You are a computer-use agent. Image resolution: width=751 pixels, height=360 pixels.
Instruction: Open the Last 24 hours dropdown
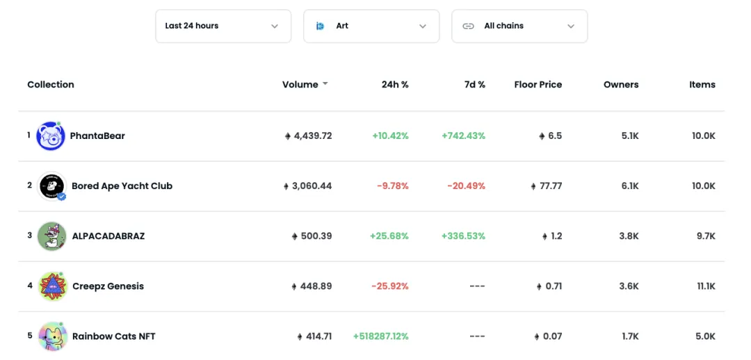tap(223, 26)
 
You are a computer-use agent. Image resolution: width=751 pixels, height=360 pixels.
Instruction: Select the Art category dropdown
tap(371, 26)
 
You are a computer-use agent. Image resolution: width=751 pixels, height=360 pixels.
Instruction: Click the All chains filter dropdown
tap(519, 26)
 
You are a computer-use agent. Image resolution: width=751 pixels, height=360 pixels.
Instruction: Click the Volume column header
tap(300, 85)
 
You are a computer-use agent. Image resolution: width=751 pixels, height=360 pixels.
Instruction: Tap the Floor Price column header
tap(538, 85)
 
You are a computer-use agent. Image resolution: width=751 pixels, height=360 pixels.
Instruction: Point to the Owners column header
tap(621, 85)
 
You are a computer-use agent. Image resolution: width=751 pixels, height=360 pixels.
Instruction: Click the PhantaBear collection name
tap(97, 136)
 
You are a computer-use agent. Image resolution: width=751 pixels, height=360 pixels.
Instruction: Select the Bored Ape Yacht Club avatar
tap(51, 186)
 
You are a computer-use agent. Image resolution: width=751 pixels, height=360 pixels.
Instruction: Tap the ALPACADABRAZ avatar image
tap(51, 236)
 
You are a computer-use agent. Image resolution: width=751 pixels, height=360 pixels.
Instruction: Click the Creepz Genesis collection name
tap(108, 286)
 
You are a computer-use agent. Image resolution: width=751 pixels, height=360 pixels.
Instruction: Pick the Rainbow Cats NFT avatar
tap(52, 336)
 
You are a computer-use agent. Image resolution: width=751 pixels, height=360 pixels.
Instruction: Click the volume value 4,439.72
tap(312, 136)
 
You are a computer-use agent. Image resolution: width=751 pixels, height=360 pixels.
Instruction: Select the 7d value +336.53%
tap(463, 236)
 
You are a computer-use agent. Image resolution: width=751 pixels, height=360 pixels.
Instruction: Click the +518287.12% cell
tap(380, 336)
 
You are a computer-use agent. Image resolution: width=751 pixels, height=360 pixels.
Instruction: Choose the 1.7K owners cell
tap(629, 336)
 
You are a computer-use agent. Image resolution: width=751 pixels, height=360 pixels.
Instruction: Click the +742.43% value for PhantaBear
tap(463, 136)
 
